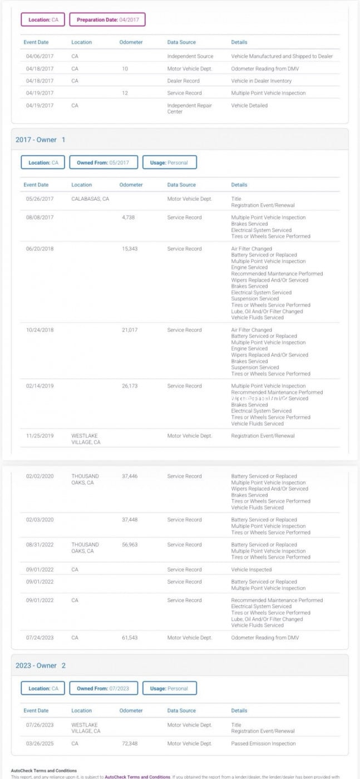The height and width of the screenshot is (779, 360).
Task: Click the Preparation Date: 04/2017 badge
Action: click(x=108, y=19)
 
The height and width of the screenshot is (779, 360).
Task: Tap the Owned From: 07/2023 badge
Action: click(x=103, y=688)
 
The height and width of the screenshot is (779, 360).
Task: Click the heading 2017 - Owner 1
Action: click(x=40, y=140)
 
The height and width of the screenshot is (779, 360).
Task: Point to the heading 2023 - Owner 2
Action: click(x=40, y=665)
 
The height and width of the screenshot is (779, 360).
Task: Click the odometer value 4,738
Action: click(x=129, y=218)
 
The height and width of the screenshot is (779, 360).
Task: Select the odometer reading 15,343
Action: click(x=130, y=249)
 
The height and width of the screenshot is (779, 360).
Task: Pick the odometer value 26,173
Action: click(x=130, y=386)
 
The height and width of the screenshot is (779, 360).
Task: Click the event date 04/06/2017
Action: click(x=40, y=56)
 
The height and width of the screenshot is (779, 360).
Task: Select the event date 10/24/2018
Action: click(x=40, y=330)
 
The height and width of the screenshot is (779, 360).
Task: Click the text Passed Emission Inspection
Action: click(x=263, y=743)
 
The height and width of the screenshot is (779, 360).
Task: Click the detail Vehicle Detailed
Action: click(x=249, y=105)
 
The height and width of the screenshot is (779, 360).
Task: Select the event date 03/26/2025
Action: click(x=40, y=743)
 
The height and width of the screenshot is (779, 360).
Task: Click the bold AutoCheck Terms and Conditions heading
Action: click(x=44, y=771)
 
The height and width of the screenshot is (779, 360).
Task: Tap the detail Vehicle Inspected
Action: click(x=251, y=570)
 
